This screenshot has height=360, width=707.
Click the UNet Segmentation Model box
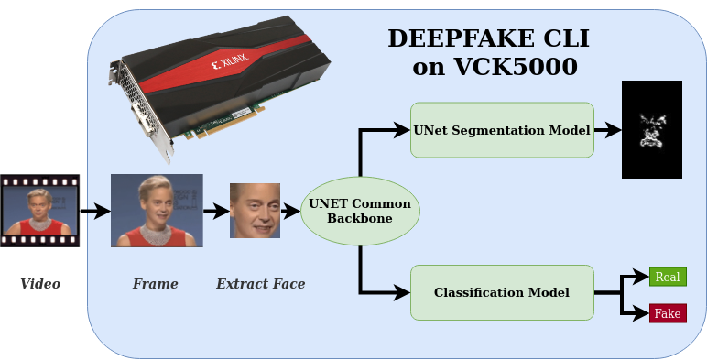501,129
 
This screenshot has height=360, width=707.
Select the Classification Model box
501,293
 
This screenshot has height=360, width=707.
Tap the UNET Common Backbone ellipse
360,211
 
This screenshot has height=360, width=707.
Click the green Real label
667,278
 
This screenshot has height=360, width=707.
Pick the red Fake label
667,313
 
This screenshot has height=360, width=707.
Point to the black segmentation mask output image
652,129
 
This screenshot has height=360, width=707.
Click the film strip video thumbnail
39,211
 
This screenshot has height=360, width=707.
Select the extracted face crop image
255,211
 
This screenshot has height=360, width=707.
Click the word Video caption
40,284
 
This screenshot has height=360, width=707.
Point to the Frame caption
155,284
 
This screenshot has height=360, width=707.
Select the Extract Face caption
260,284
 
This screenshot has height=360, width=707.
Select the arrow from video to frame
95,212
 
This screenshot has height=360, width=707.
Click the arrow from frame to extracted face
216,212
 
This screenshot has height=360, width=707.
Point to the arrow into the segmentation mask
608,129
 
